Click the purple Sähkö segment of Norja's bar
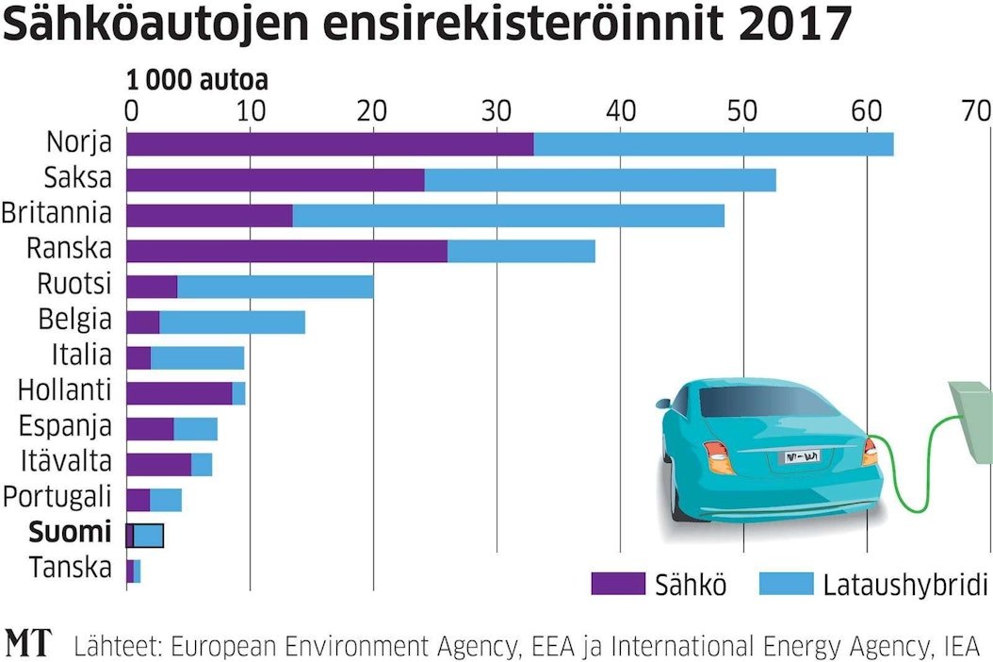click(x=329, y=144)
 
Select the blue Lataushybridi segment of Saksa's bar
click(x=600, y=179)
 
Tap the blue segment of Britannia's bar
click(x=508, y=215)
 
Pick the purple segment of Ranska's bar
click(x=286, y=251)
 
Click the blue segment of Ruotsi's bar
click(x=275, y=286)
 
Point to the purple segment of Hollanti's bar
click(x=179, y=392)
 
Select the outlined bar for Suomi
click(x=145, y=535)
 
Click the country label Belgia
click(x=74, y=320)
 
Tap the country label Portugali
click(x=57, y=497)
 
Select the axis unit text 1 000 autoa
click(x=197, y=80)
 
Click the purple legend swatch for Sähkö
click(x=616, y=585)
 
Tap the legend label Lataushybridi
click(x=904, y=585)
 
